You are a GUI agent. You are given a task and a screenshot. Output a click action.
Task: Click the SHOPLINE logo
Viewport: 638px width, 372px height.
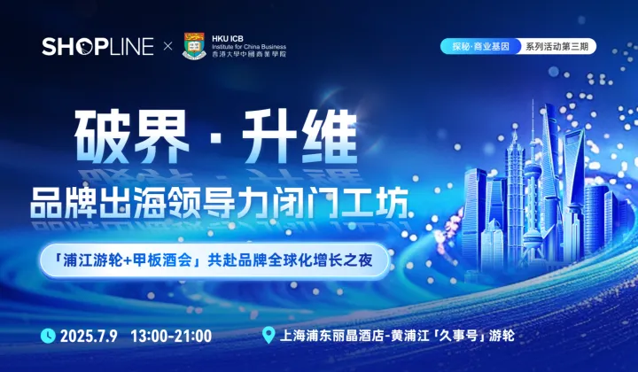click(97, 47)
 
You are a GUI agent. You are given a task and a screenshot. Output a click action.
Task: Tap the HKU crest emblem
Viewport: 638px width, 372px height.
click(194, 46)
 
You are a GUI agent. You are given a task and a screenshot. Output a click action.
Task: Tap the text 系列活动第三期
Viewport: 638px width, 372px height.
click(555, 46)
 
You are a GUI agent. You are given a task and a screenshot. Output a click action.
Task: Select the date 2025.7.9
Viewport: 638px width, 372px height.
click(90, 336)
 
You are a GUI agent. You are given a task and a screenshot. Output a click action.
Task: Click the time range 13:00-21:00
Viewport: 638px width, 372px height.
click(170, 336)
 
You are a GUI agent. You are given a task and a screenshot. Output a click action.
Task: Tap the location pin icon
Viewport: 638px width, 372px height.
click(268, 336)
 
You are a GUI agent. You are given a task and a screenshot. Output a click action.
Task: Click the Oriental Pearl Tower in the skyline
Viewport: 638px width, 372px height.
click(532, 177)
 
